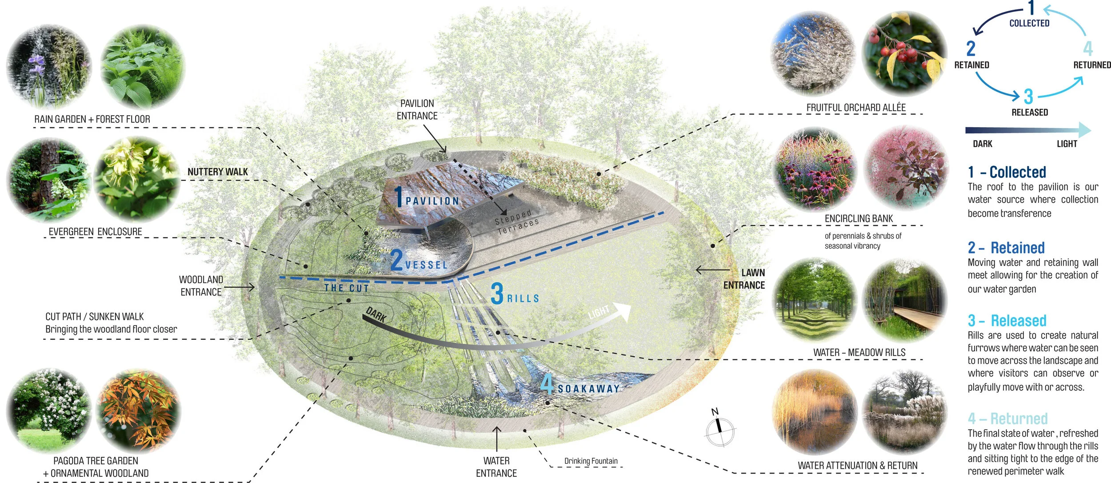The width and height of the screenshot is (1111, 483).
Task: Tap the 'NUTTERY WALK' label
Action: click(x=217, y=172)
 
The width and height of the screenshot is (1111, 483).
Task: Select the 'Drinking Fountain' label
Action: click(x=591, y=461)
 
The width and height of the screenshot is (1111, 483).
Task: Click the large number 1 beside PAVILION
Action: click(x=399, y=197)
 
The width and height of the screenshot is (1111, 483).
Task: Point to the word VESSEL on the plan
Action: click(x=426, y=265)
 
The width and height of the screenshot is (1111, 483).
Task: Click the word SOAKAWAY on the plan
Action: click(x=588, y=389)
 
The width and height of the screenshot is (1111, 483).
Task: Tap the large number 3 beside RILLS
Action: click(x=497, y=294)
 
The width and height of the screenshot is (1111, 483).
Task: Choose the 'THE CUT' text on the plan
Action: click(x=347, y=288)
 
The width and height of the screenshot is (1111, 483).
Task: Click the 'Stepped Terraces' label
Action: click(x=517, y=222)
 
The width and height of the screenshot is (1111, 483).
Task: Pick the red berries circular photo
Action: click(x=904, y=53)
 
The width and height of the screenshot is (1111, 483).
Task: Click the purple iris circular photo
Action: click(x=48, y=67)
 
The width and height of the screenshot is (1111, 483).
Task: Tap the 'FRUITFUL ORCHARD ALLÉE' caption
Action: click(x=856, y=108)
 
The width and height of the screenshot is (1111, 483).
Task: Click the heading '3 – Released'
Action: click(x=1007, y=321)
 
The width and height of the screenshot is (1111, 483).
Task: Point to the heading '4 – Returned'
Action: click(x=1007, y=419)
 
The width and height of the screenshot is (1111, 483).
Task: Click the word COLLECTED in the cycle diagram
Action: click(x=1029, y=23)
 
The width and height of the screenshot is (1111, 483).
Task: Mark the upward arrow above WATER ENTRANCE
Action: click(x=497, y=438)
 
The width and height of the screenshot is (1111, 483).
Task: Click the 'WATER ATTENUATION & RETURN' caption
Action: click(x=857, y=466)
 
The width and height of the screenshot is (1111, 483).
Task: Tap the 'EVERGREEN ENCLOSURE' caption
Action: click(x=95, y=232)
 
